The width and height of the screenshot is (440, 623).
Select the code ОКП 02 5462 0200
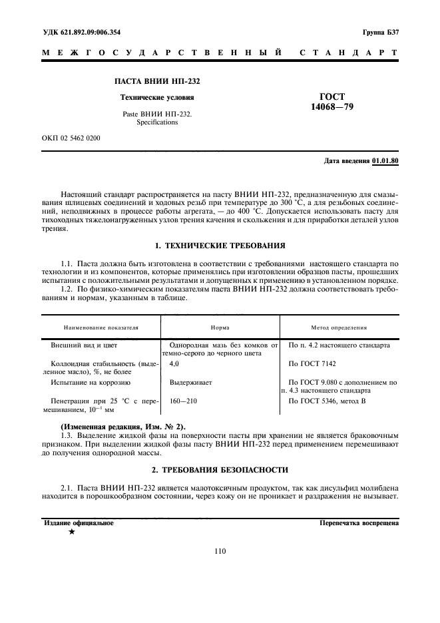pos(71,138)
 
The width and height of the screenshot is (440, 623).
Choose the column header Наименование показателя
pos(101,328)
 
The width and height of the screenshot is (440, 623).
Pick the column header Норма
pos(220,328)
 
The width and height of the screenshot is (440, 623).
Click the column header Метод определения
pos(339,328)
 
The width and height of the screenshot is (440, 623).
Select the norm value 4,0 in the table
pos(174,364)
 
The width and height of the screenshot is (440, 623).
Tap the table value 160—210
pos(184,401)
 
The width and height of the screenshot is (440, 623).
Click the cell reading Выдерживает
pos(190,383)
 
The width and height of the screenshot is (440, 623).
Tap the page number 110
pos(220,550)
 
